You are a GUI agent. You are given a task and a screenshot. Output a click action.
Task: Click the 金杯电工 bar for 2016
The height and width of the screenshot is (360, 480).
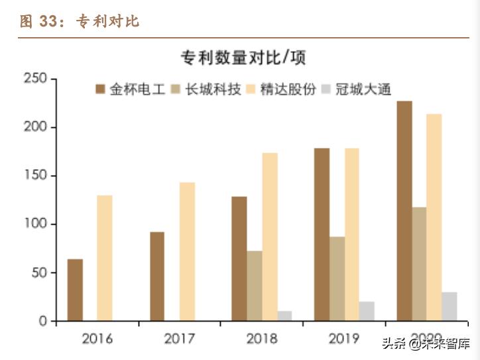coord(75,290)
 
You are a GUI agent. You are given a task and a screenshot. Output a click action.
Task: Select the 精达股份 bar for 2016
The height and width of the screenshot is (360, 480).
coord(105,259)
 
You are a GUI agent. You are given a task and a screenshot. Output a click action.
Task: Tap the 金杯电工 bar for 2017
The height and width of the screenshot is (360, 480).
coord(157,276)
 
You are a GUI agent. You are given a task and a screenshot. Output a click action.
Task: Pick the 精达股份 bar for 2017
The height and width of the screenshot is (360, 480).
coord(187,252)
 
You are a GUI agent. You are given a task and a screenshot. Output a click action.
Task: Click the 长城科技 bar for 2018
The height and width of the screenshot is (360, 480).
coord(255,286)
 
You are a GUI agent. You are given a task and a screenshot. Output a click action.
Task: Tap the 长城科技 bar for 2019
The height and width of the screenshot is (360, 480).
coord(337,278)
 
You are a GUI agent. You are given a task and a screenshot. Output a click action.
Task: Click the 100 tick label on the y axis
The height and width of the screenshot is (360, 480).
coord(37,224)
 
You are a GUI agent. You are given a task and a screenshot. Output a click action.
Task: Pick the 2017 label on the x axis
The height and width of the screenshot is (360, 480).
coord(179,339)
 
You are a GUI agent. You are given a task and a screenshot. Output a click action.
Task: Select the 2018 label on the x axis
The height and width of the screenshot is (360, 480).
coord(261,339)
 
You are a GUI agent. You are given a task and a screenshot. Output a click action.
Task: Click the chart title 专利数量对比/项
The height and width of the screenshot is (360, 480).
coord(243,58)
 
